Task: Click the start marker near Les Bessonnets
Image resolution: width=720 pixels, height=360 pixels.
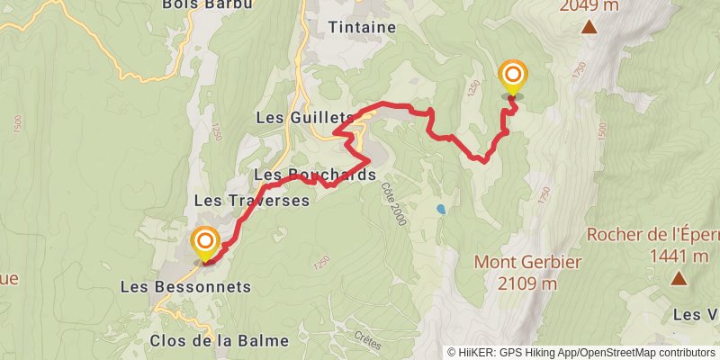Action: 206,242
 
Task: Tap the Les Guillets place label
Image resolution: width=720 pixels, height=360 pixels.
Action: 305,118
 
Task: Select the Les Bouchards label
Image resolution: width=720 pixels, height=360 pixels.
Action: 314,175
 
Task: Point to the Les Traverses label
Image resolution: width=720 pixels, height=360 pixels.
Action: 252,199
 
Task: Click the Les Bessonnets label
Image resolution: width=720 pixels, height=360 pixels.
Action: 185,287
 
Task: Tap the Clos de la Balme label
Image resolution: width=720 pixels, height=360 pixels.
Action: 220,340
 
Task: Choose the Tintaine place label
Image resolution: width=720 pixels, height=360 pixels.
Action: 363,27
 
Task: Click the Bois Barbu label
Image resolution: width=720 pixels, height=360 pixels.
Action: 205,4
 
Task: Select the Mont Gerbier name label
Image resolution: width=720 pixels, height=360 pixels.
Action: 528,263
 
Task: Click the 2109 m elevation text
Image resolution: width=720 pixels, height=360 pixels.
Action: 526,284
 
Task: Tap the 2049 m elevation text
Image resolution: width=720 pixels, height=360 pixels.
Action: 589,6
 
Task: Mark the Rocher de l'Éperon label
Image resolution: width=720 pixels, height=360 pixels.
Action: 652,235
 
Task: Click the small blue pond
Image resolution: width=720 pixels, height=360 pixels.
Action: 440,209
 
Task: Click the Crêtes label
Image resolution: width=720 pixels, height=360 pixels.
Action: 367,340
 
